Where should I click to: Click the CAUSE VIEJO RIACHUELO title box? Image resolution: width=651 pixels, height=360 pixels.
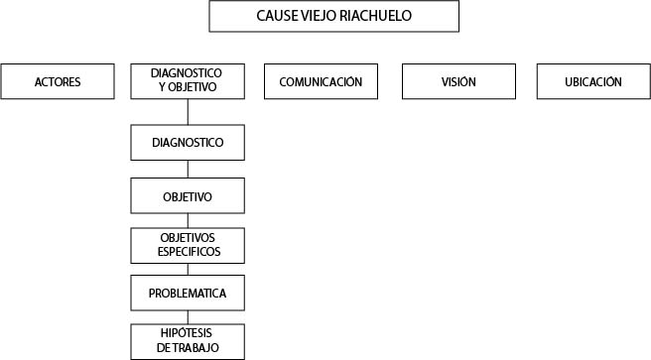pos(333,17)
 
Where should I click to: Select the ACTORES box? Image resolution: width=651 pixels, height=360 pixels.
pos(56,81)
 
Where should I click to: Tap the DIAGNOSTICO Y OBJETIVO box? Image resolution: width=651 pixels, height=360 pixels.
pos(187,81)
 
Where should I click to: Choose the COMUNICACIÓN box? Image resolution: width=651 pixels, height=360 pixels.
pos(321,81)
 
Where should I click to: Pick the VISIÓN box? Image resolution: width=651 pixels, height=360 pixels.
pos(458,81)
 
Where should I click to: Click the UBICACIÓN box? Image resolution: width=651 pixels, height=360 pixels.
pos(593,81)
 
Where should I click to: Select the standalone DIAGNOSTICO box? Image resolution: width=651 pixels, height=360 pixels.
pos(187,143)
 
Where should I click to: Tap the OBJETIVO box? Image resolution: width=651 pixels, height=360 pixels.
pos(187,196)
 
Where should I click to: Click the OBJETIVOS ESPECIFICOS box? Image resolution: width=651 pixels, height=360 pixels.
pos(187,245)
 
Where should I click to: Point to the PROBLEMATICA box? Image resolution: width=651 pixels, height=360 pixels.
pos(187,294)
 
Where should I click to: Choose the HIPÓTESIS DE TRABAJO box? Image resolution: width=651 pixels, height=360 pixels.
pos(187,341)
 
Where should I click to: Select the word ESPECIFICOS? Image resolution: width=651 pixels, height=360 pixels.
pos(188,252)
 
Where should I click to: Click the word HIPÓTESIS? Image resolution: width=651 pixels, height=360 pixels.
pos(188,334)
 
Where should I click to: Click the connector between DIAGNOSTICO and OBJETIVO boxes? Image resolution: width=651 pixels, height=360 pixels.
pos(187,169)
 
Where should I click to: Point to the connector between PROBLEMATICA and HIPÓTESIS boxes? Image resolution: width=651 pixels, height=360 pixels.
pos(187,317)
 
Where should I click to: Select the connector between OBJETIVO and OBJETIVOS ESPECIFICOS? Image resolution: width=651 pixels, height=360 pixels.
pos(187,221)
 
